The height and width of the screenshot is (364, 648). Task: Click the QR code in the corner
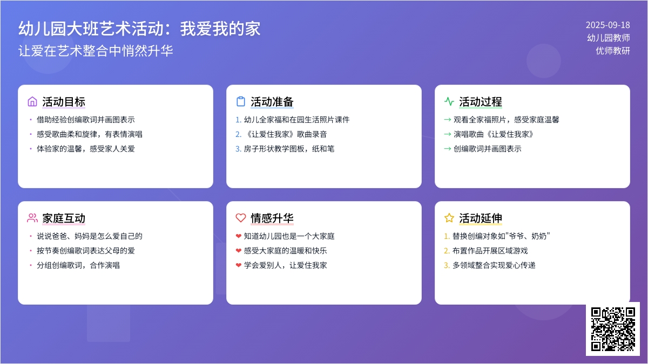coord(613,329)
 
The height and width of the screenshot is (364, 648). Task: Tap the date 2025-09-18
coord(608,25)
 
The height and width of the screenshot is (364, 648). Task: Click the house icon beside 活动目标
coord(32,101)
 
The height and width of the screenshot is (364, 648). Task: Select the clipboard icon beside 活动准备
coord(241,101)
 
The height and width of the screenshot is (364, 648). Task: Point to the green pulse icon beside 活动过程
coord(449,101)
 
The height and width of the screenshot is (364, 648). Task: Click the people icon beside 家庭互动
coord(32,218)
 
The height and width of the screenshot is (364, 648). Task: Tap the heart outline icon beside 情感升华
coord(241,218)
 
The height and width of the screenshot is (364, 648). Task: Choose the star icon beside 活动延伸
coord(449,218)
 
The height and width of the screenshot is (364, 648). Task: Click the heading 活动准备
coord(272,102)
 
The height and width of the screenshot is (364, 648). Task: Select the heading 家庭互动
coord(64,218)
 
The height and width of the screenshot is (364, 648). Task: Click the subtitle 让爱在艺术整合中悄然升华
coord(96,51)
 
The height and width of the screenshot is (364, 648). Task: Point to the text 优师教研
coord(613,51)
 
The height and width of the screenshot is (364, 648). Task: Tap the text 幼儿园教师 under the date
coord(609,38)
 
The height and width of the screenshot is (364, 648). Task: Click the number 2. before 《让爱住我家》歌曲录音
coord(238,134)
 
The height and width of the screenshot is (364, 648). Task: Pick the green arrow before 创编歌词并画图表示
coord(448,149)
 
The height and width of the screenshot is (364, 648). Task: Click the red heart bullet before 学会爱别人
coord(238,265)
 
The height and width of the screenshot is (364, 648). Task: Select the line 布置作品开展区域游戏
coord(490,251)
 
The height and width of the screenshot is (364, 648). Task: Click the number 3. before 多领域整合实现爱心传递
coord(447,265)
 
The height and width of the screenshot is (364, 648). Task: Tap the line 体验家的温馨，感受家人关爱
coord(86,149)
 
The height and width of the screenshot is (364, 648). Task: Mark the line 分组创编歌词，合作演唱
coord(78,265)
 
